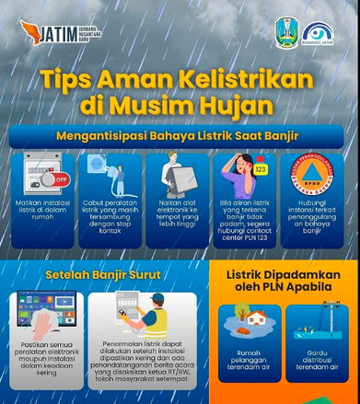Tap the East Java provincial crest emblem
286,32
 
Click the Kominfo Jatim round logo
319,33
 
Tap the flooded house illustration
250,329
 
